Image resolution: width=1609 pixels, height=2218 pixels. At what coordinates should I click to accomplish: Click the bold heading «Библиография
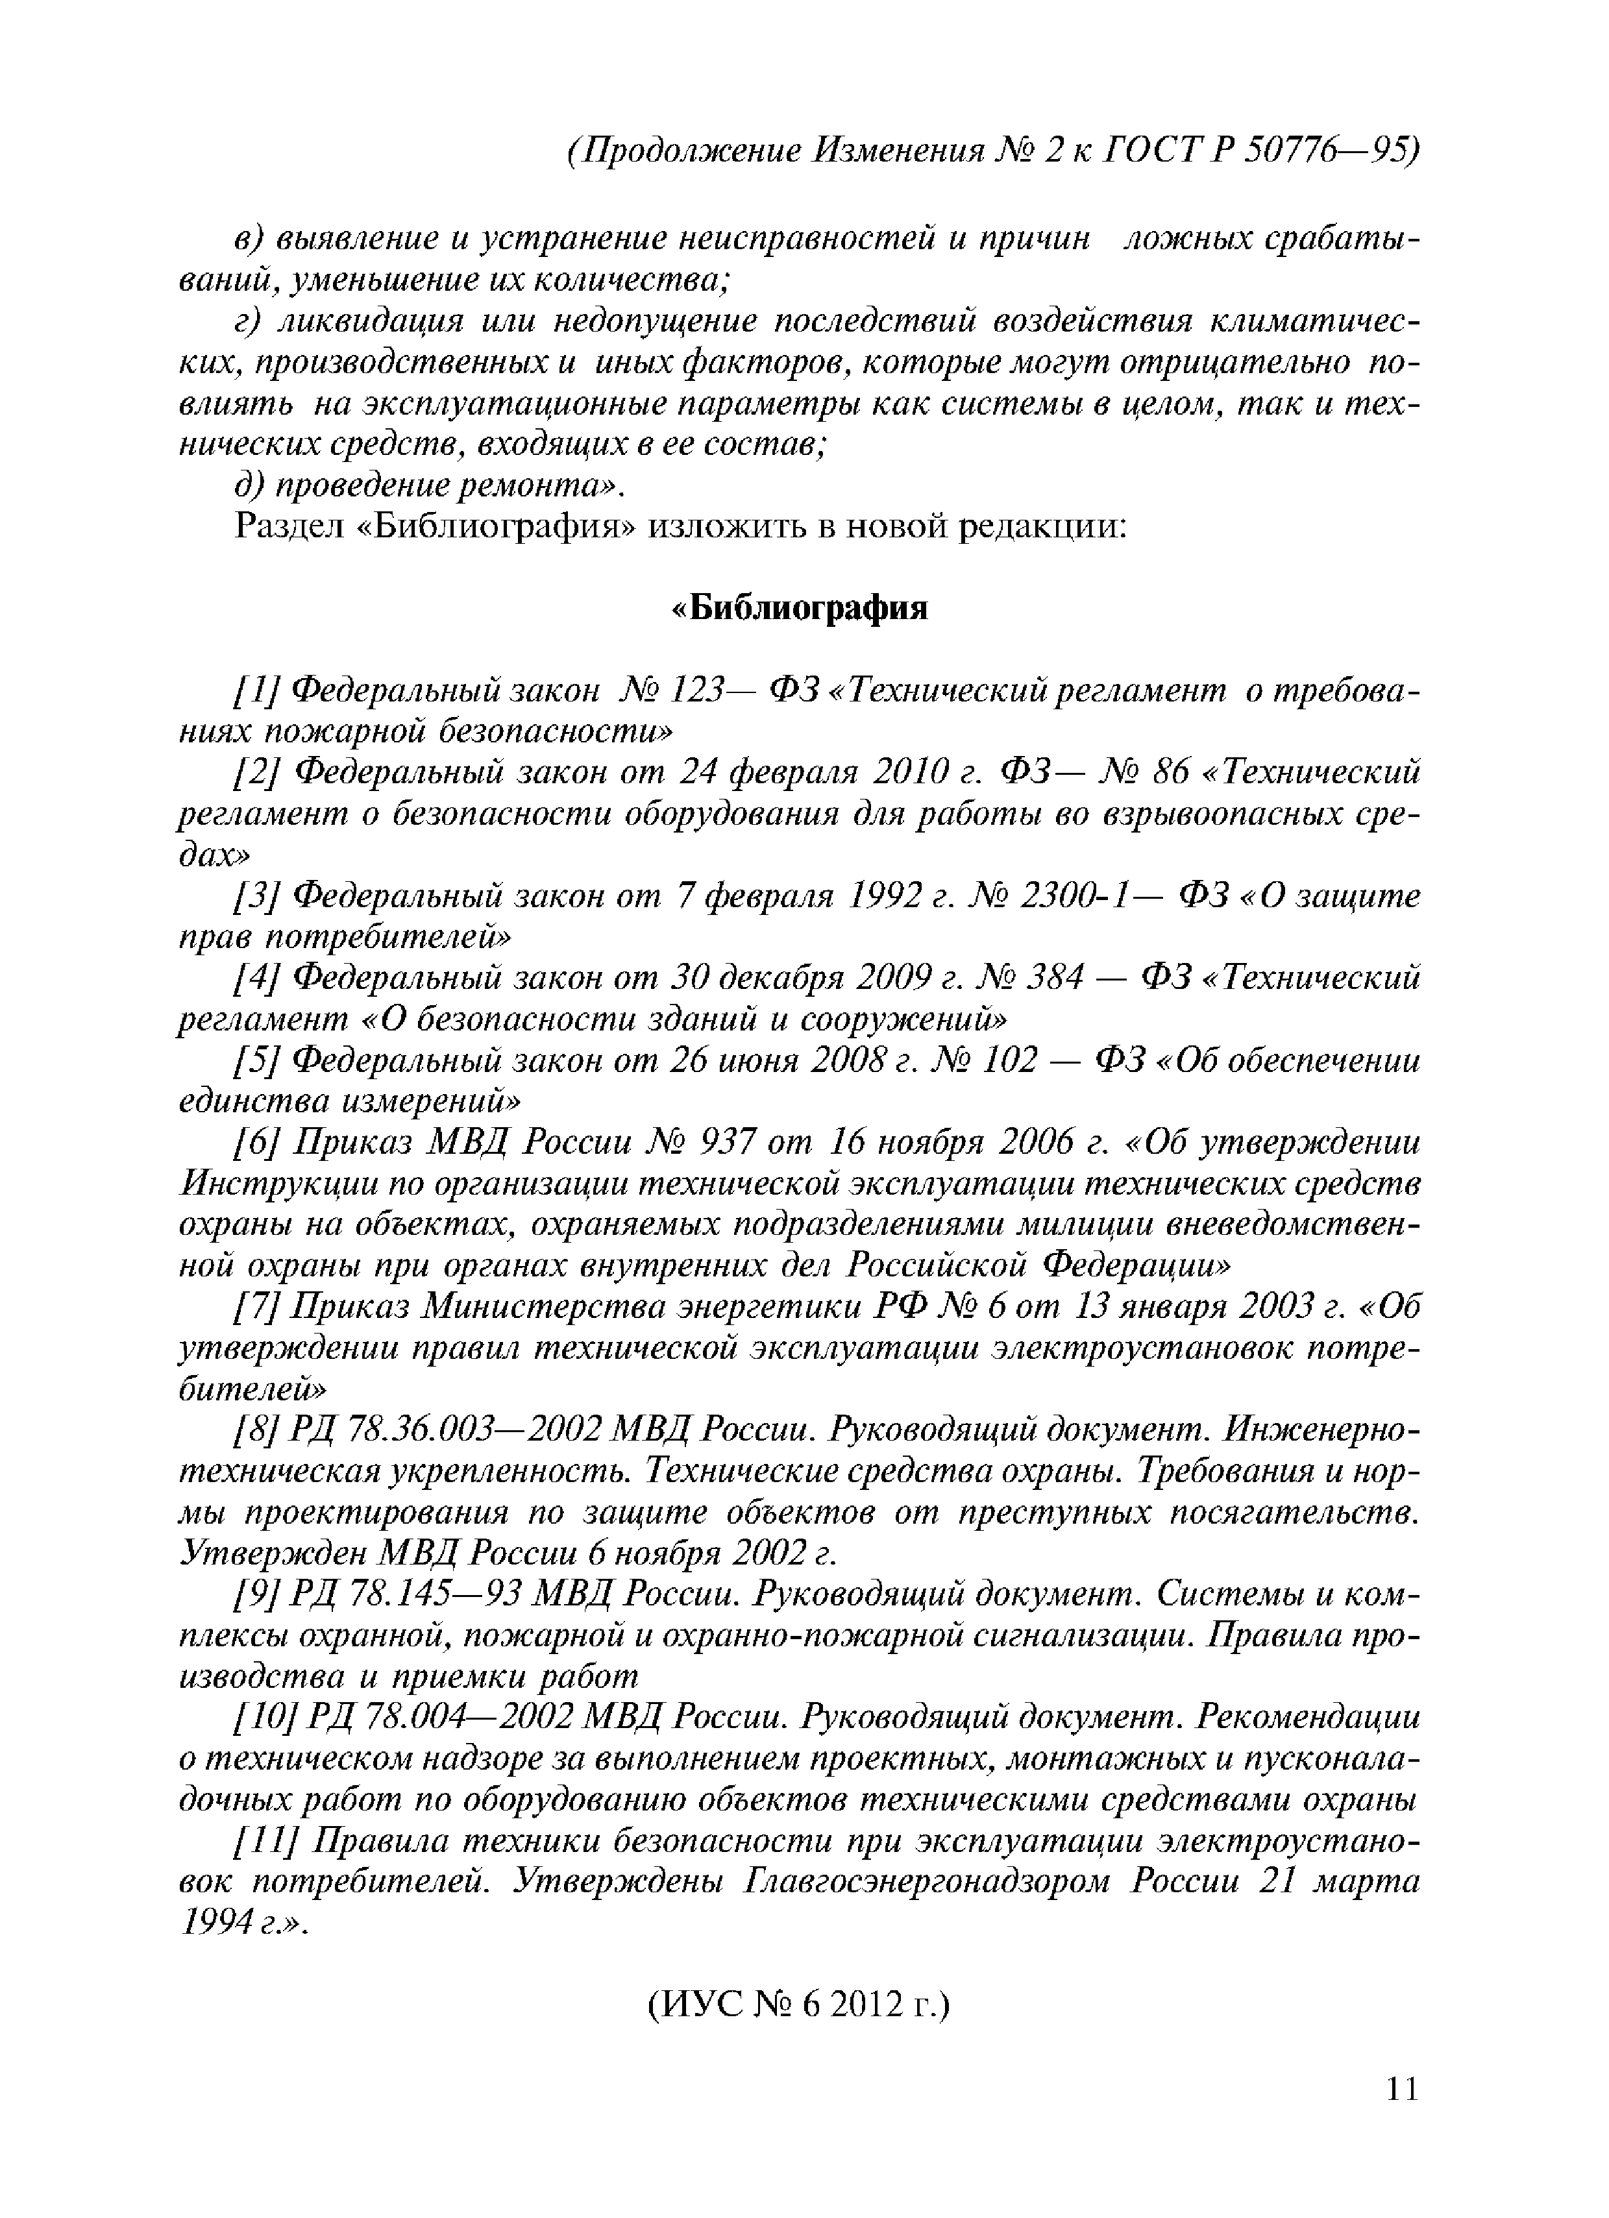click(800, 608)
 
